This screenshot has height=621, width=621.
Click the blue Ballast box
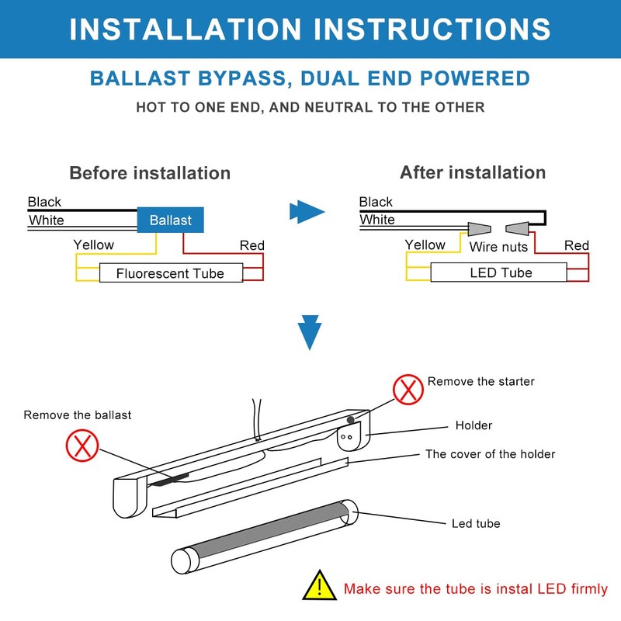(x=170, y=220)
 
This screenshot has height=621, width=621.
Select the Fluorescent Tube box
(x=170, y=273)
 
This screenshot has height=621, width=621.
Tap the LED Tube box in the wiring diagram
(x=501, y=272)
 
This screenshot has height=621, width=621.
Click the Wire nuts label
(x=498, y=247)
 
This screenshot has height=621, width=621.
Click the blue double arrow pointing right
(x=306, y=211)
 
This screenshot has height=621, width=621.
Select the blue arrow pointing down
(x=310, y=332)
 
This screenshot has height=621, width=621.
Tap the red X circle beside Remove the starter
(x=408, y=389)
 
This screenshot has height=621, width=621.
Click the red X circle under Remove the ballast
(x=82, y=445)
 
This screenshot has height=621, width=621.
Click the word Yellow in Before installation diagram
(x=93, y=245)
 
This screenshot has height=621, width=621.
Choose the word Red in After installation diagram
(x=576, y=245)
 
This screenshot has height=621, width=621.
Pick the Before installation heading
(x=150, y=172)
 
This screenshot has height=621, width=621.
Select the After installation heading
(x=473, y=172)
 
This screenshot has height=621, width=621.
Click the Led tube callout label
(x=476, y=523)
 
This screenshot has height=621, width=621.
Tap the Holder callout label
(x=474, y=425)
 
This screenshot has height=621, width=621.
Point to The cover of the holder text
(x=490, y=454)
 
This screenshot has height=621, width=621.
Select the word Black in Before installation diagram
(x=44, y=202)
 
